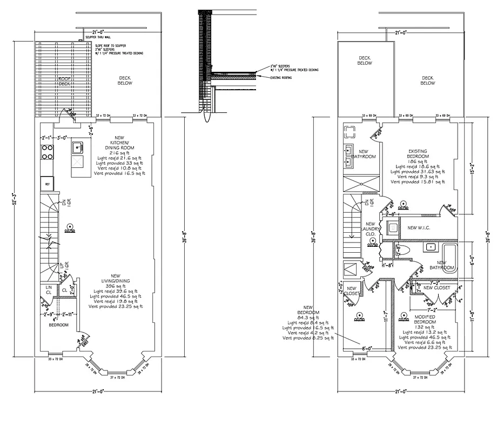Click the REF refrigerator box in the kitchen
pyautogui.click(x=47, y=184)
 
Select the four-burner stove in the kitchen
pyautogui.click(x=47, y=153)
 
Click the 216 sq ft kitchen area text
pyautogui.click(x=119, y=153)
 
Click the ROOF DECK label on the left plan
pyautogui.click(x=64, y=81)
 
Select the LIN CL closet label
pyautogui.click(x=48, y=290)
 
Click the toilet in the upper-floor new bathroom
pyautogui.click(x=400, y=250)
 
